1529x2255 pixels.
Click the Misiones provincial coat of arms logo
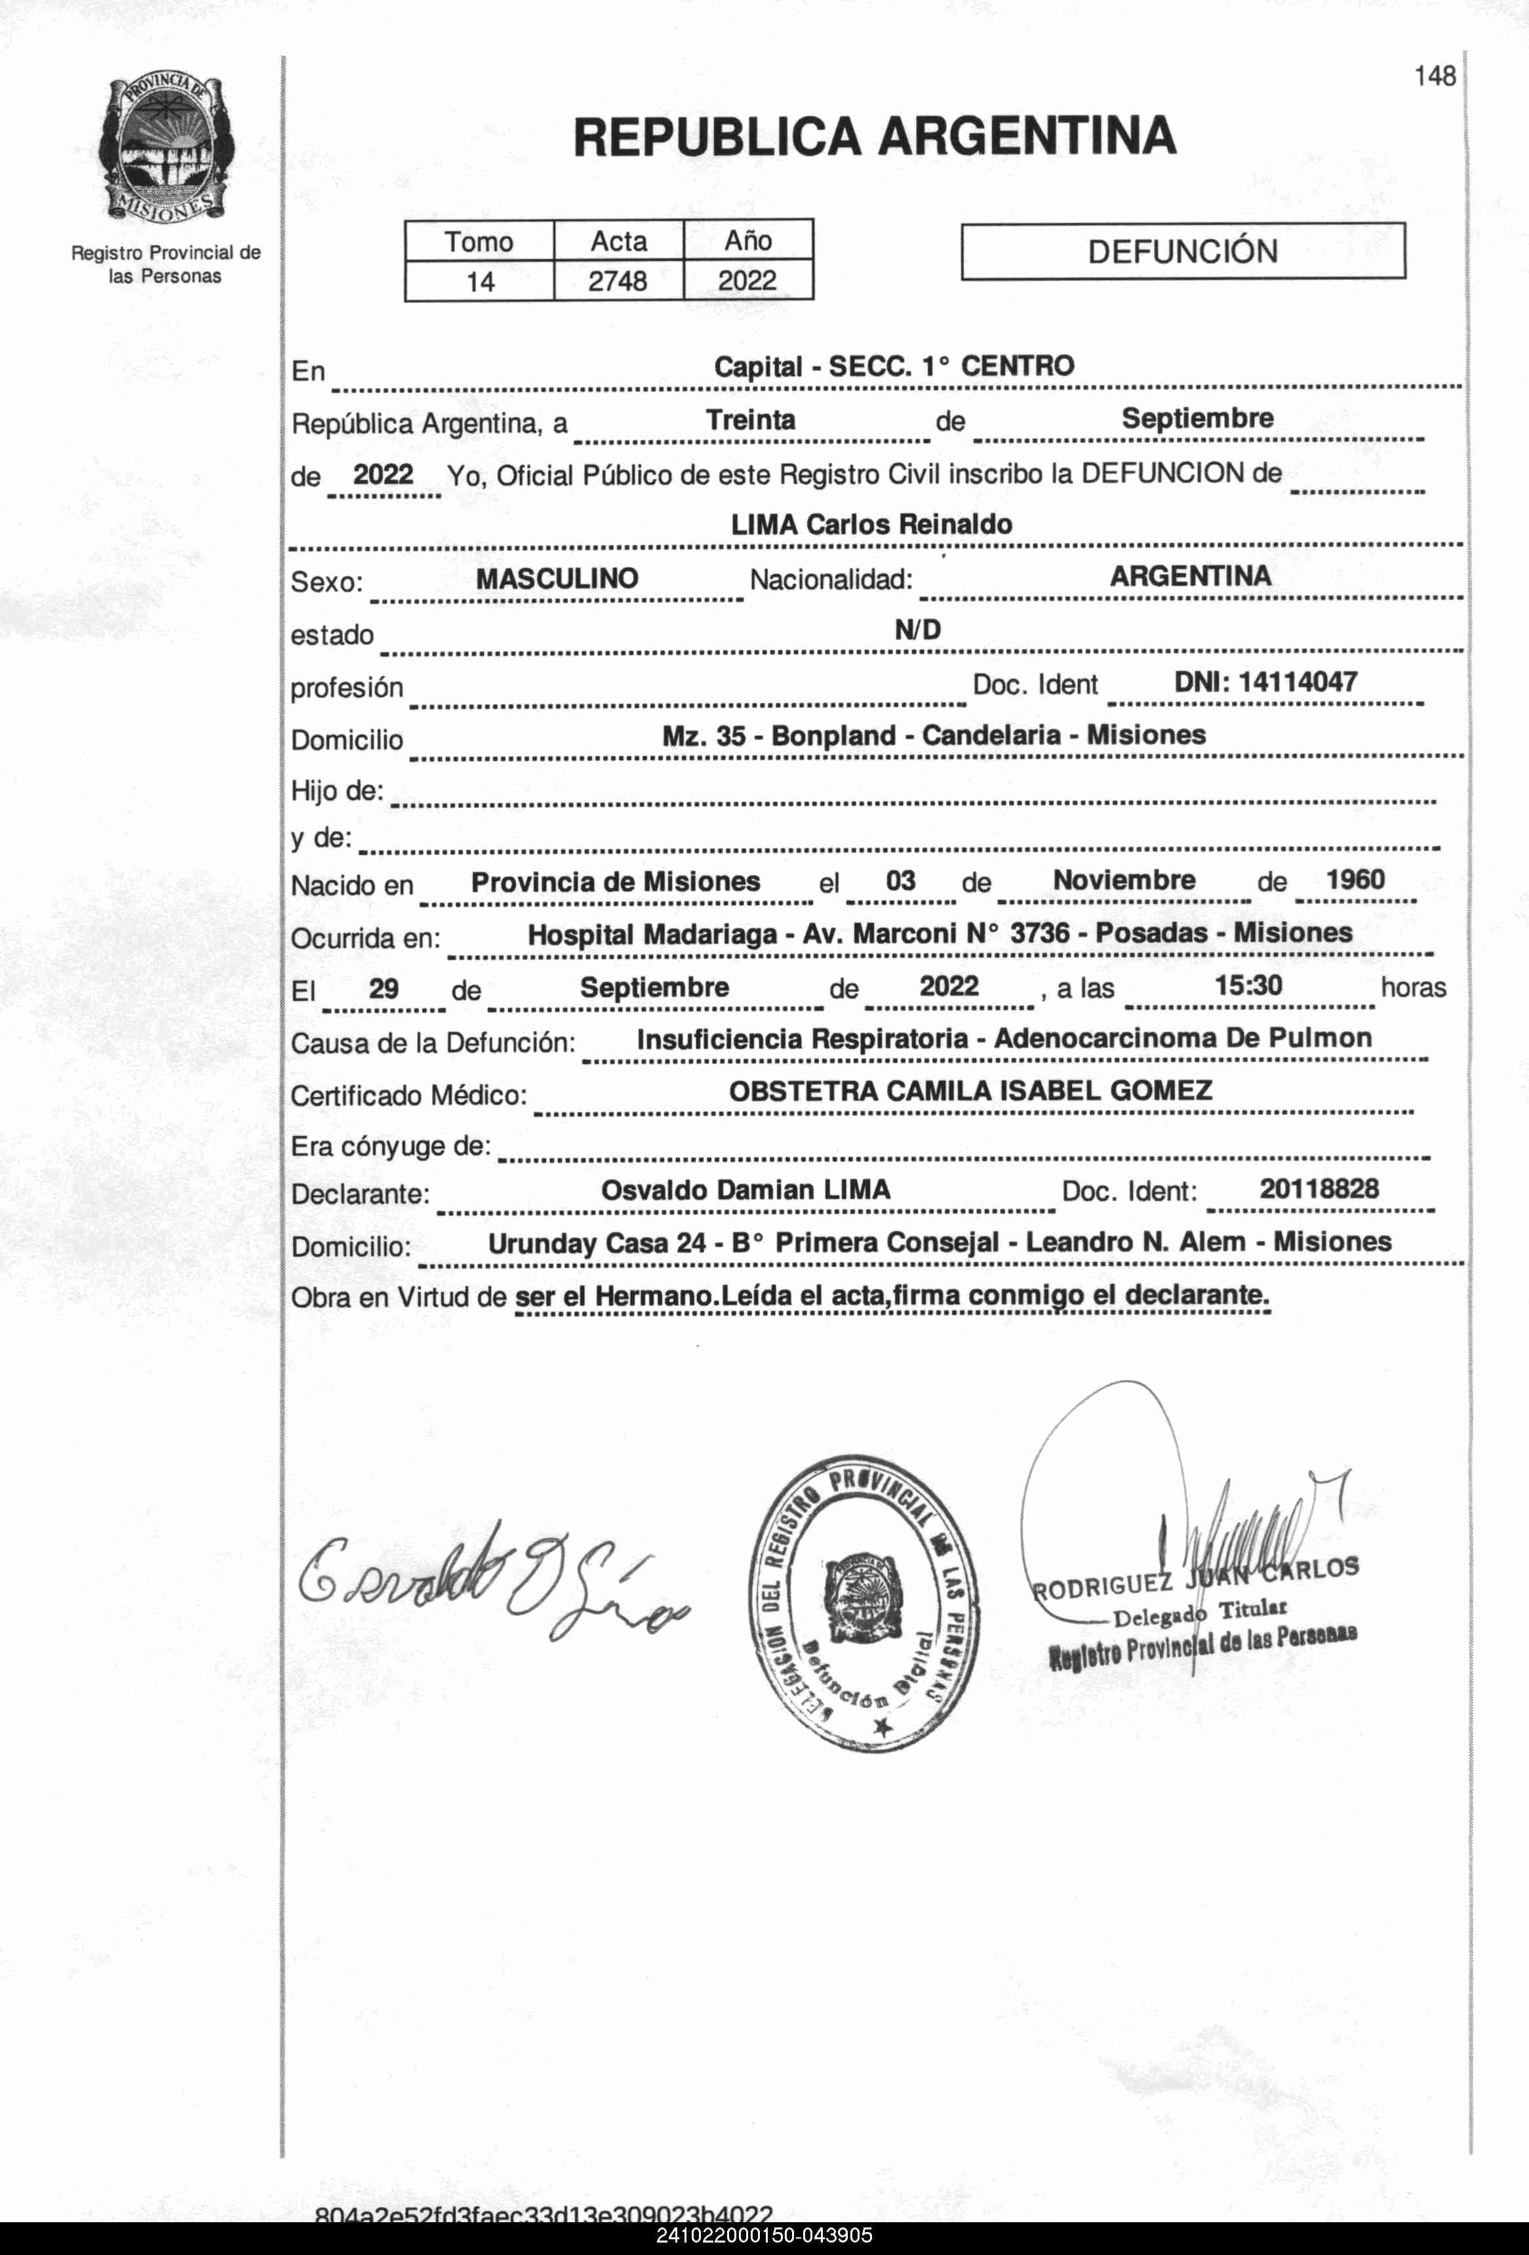coord(165,148)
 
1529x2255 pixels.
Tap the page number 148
coord(1434,75)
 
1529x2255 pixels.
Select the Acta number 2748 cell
coord(618,281)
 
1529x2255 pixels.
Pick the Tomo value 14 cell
coord(479,282)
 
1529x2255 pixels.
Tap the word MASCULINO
coord(557,579)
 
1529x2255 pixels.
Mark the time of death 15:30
coord(1248,986)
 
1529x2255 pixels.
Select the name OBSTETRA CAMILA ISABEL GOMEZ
coord(970,1091)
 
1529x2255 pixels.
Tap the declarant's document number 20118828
coord(1319,1188)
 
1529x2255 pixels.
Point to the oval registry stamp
coord(864,1602)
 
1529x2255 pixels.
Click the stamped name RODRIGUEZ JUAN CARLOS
coord(1195,1579)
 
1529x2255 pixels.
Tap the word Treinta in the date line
coord(750,420)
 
